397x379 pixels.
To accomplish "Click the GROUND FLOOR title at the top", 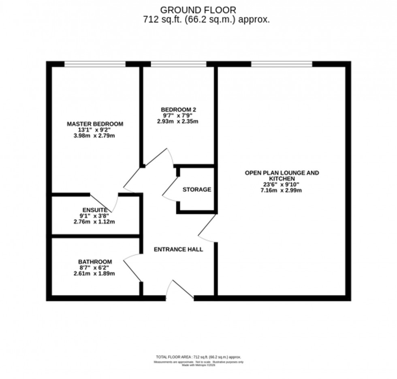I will tap(198, 10).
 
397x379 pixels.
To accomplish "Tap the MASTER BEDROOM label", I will tap(95, 124).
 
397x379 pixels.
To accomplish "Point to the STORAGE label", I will tap(196, 189).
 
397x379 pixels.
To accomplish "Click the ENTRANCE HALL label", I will tap(178, 249).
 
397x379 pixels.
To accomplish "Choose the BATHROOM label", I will tap(95, 262).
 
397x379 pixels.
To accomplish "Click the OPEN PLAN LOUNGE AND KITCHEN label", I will tap(282, 176).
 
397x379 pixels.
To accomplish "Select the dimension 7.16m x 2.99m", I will tap(282, 191).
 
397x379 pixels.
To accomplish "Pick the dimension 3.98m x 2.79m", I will tap(95, 136).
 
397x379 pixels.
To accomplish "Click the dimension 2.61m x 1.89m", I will tap(95, 273).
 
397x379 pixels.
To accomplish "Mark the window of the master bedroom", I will tap(95, 64).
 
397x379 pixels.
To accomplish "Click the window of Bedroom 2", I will tap(178, 64).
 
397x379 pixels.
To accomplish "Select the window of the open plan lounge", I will tap(282, 64).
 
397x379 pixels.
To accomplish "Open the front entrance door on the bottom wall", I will tap(180, 291).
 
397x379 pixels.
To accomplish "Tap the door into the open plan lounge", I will tap(207, 229).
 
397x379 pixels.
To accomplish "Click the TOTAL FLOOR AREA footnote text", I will tap(198, 357).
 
